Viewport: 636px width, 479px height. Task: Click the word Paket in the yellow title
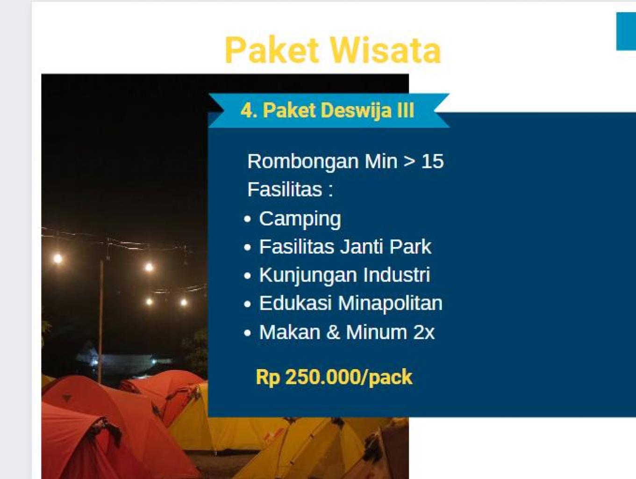(x=272, y=50)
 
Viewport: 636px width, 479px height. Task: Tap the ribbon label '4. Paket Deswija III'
(x=328, y=110)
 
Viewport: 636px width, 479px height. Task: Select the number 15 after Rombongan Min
(x=432, y=161)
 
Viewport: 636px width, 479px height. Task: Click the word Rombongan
(x=303, y=162)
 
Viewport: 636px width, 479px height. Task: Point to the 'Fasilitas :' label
(x=290, y=189)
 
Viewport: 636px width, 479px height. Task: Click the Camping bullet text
(x=300, y=219)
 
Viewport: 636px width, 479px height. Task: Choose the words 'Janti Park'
(x=386, y=247)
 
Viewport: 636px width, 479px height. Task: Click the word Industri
(x=397, y=275)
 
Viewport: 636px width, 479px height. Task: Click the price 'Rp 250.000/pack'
(x=334, y=377)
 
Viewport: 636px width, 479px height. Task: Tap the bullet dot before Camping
(x=247, y=219)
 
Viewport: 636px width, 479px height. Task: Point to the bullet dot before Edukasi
(x=247, y=305)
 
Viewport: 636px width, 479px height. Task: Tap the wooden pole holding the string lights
(x=101, y=322)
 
